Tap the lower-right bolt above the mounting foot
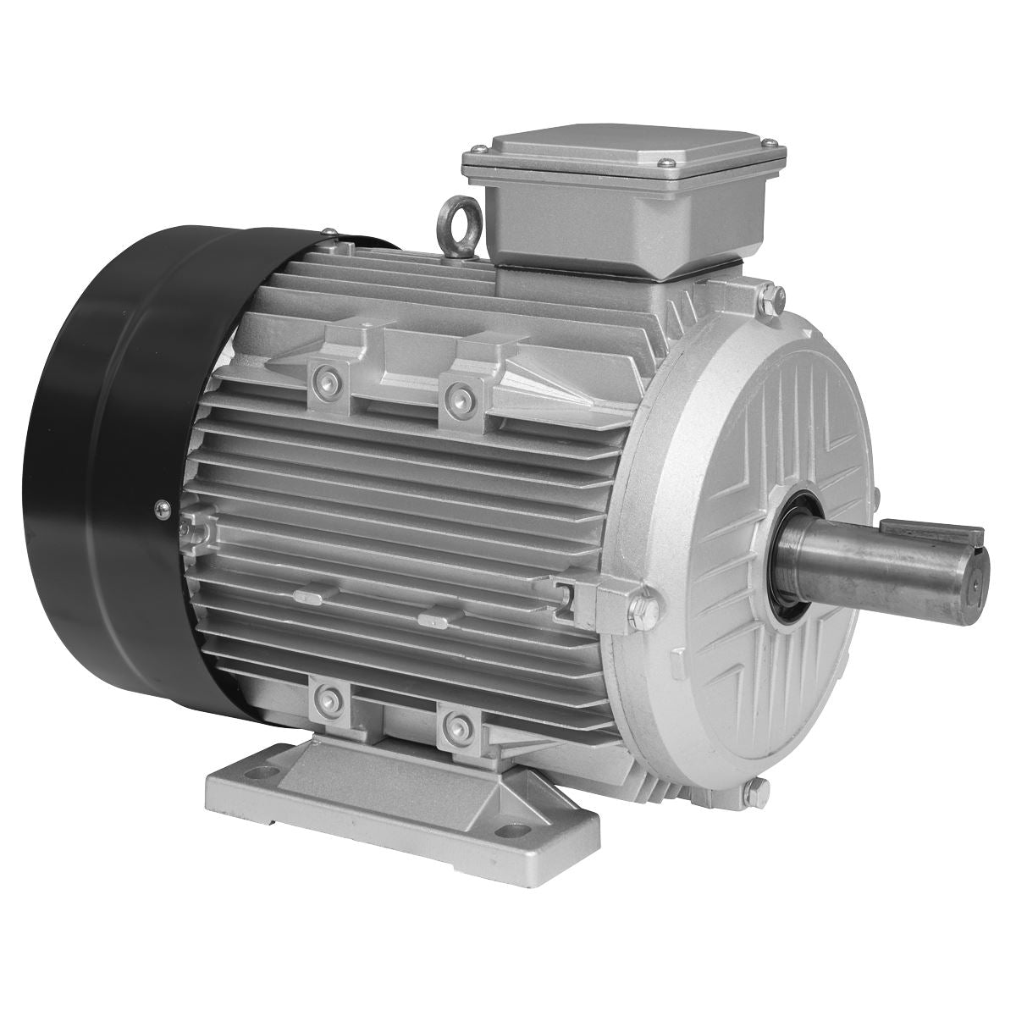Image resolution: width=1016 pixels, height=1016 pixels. pos(458,726)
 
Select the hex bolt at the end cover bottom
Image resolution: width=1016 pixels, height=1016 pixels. pos(757,793)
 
